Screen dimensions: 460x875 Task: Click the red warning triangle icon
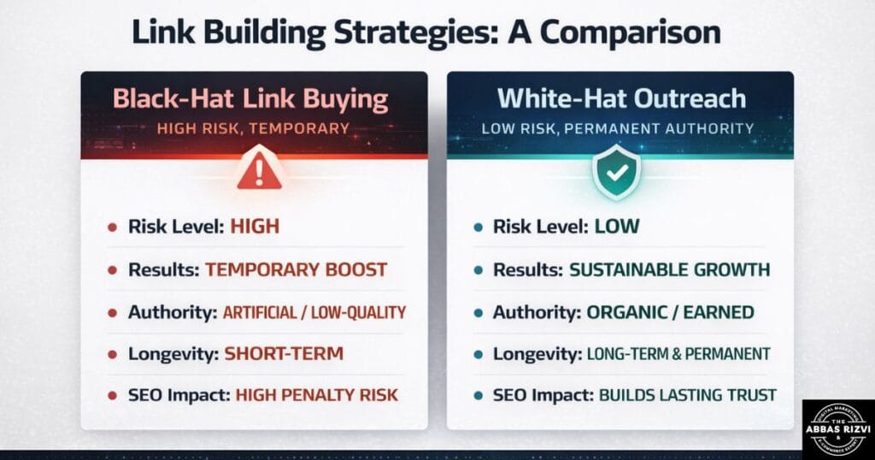[259, 171]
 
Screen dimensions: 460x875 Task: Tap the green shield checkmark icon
[617, 171]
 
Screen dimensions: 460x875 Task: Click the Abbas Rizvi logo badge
[838, 428]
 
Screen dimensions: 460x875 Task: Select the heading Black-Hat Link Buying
[251, 99]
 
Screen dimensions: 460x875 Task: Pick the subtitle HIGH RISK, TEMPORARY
[253, 129]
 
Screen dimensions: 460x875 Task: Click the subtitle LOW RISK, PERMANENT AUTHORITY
[618, 129]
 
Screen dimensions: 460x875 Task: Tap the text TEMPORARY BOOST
[296, 269]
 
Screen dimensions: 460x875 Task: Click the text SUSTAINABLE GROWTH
[669, 269]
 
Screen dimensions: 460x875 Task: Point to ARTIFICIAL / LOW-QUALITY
[314, 312]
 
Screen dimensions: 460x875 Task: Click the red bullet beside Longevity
[112, 354]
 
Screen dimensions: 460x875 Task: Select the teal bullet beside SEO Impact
[479, 396]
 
